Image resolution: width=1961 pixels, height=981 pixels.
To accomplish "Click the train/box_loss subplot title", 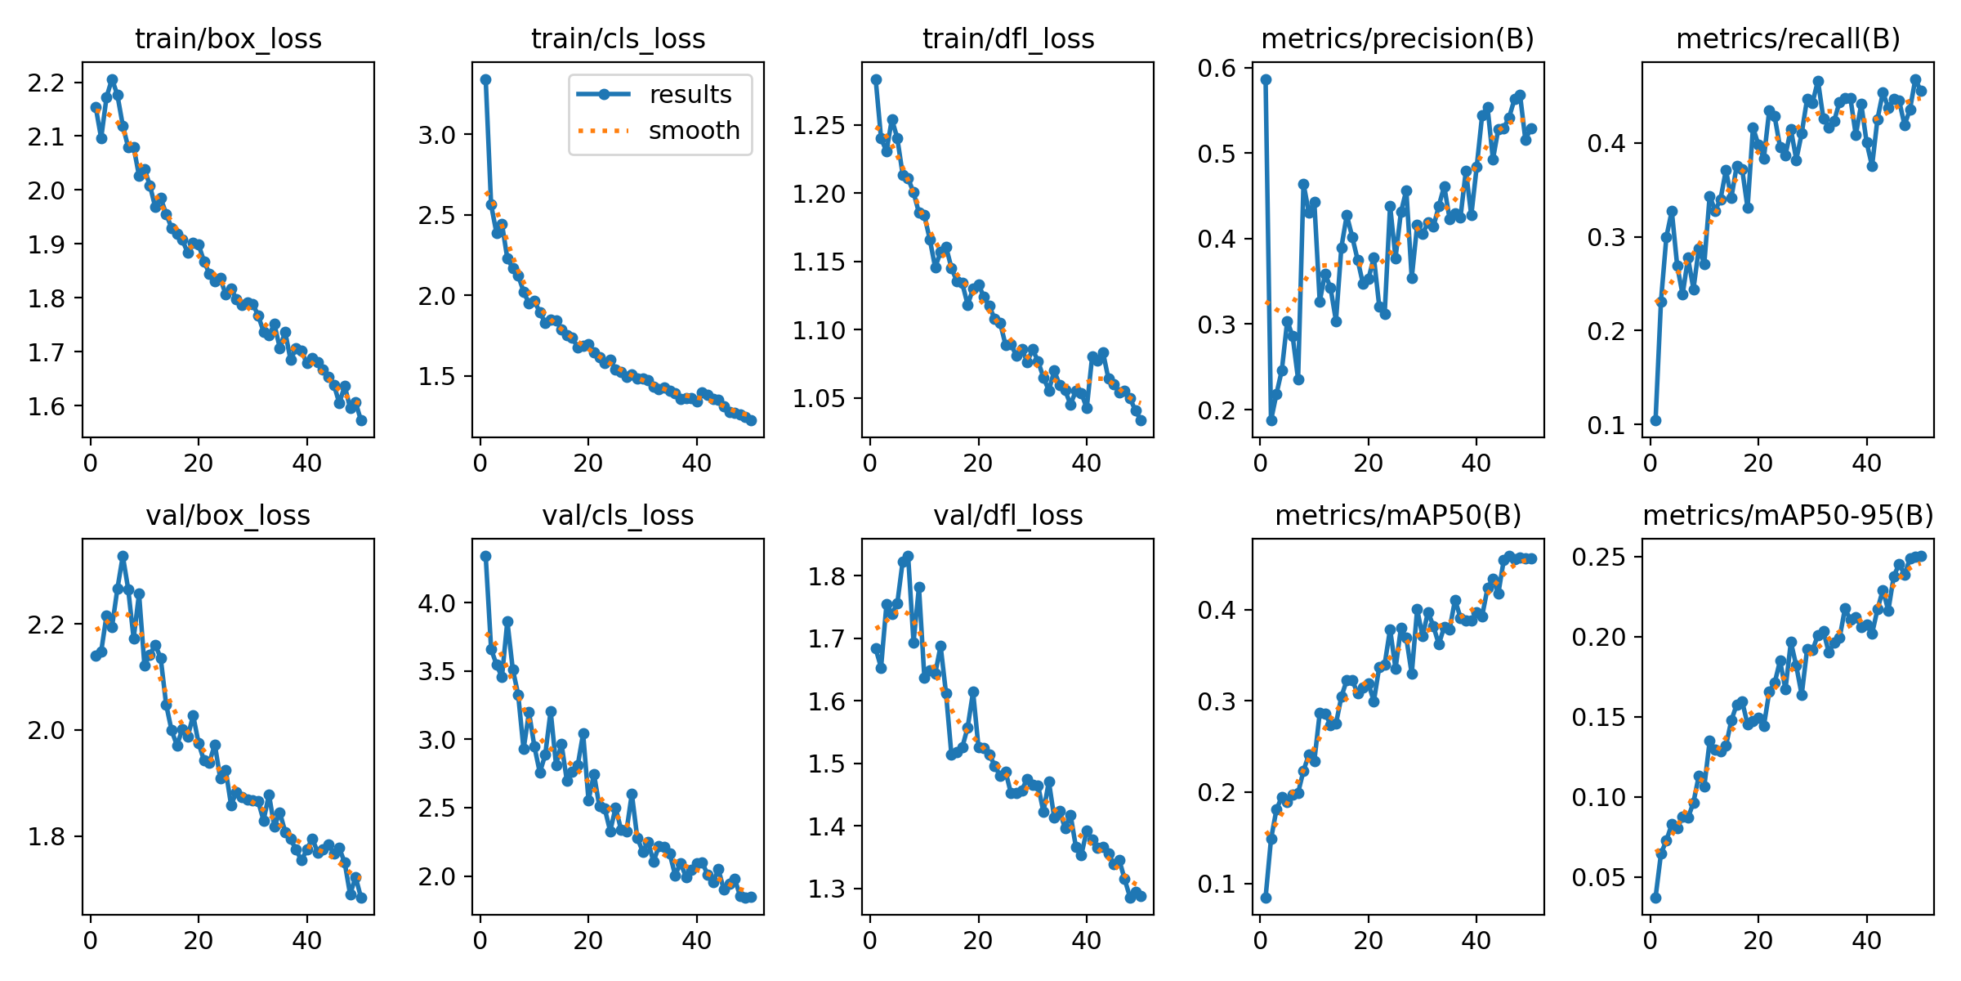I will click(x=228, y=38).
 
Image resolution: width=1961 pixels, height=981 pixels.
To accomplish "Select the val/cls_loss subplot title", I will click(x=618, y=515).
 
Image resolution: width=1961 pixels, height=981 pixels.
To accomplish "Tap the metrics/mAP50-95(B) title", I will click(x=1788, y=515).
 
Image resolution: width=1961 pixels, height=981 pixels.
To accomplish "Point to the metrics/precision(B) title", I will click(x=1397, y=38).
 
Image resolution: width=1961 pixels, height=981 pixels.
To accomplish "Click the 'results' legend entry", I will click(x=690, y=95).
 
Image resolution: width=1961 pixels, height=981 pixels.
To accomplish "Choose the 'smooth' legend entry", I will click(x=694, y=131).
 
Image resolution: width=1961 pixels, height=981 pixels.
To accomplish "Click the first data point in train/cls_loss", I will click(x=485, y=79).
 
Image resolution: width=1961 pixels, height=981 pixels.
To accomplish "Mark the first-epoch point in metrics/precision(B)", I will click(x=1266, y=79).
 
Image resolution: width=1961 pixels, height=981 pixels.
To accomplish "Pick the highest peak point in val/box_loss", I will click(x=123, y=556).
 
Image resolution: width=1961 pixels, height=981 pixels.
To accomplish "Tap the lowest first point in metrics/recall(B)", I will click(x=1655, y=420).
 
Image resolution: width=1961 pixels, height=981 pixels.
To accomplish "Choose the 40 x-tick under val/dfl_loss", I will click(x=1086, y=942).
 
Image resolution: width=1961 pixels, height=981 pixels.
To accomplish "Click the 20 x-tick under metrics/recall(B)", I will click(x=1758, y=464).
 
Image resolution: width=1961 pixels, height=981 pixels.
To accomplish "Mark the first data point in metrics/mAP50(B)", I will click(x=1266, y=898).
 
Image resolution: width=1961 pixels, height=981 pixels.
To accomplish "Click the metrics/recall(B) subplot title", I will click(x=1788, y=38).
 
